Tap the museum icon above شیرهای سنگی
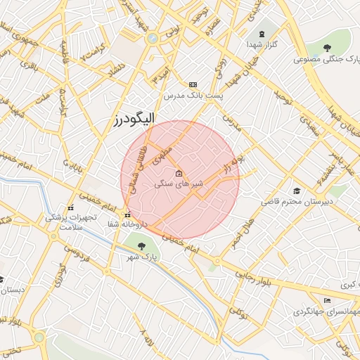point(179,173)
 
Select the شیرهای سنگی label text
point(179,184)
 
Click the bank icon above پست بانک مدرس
point(193,84)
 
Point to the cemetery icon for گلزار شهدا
point(262,34)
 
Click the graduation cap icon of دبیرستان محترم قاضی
point(297,191)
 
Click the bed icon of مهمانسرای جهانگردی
point(326,301)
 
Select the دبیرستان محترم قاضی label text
point(297,202)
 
